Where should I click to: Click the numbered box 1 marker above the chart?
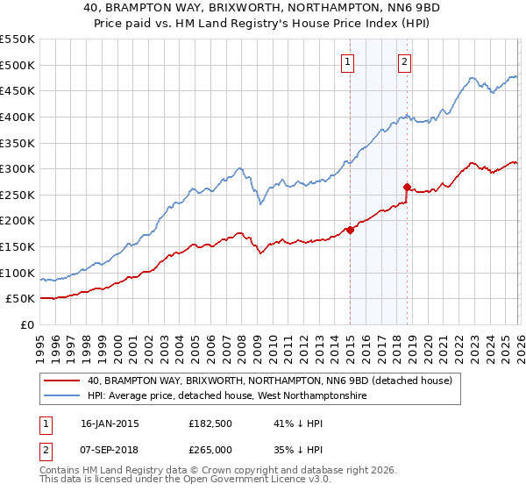pyautogui.click(x=349, y=61)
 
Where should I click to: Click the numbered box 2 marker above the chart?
pyautogui.click(x=405, y=61)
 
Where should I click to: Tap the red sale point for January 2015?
pyautogui.click(x=350, y=230)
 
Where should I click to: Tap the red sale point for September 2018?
pyautogui.click(x=407, y=187)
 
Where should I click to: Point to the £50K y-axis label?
pyautogui.click(x=21, y=299)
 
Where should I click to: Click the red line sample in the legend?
pyautogui.click(x=61, y=381)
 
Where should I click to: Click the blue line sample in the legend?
pyautogui.click(x=61, y=396)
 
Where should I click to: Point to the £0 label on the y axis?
pyautogui.click(x=27, y=325)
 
